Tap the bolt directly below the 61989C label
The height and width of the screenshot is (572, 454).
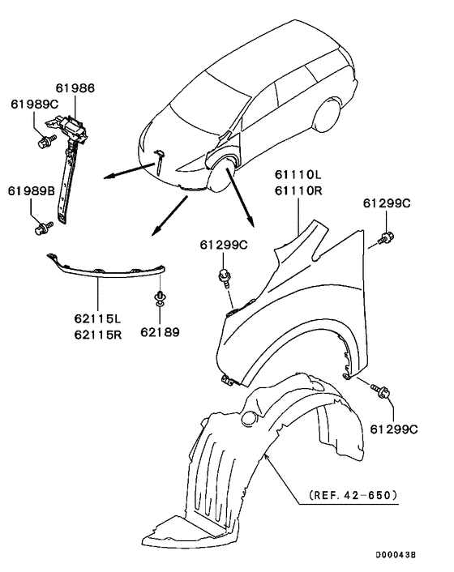(43, 143)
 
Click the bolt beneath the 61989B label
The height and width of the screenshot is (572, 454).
(40, 229)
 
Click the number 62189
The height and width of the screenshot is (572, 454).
(159, 331)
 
